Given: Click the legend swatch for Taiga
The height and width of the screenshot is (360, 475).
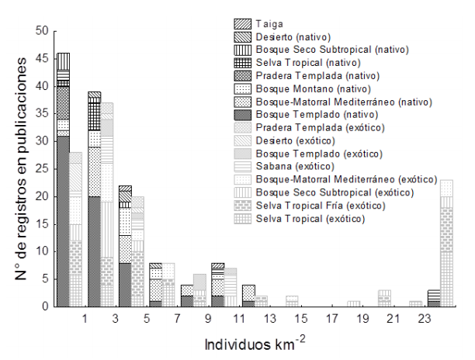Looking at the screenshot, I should pos(243,25).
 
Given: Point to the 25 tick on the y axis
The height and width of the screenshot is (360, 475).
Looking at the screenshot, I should pos(40,169).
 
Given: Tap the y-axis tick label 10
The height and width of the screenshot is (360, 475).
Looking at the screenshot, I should pos(40,251).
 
